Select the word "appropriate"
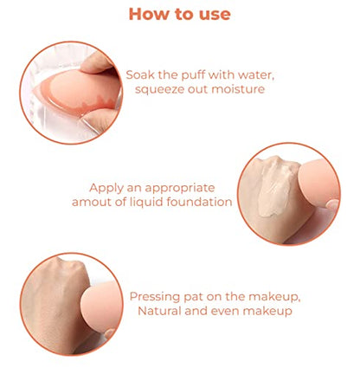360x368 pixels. coord(180,189)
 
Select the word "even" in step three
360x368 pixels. coord(224,312)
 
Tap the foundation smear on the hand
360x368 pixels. coord(275,188)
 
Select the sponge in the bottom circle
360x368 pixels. coord(101,307)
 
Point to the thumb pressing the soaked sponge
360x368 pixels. coord(97,61)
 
